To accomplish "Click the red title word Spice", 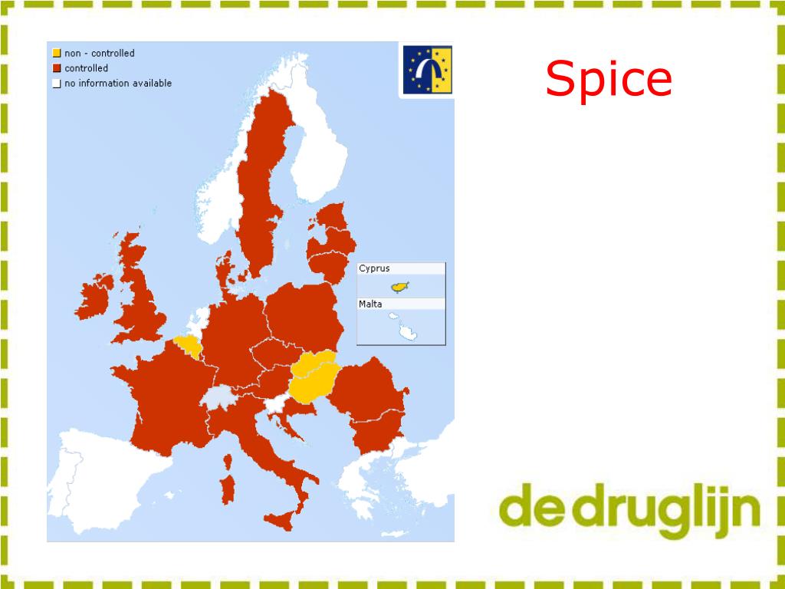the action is [609, 80].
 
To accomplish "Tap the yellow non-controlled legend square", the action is [57, 54].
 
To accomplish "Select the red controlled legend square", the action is [57, 68].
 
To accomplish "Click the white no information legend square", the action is [57, 84].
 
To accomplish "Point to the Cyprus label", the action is [374, 268].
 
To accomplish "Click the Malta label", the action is [370, 304].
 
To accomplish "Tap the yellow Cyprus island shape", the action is [399, 287].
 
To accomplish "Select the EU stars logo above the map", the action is [427, 70].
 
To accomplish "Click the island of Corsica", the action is [228, 462].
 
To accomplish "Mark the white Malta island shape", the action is [407, 332].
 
